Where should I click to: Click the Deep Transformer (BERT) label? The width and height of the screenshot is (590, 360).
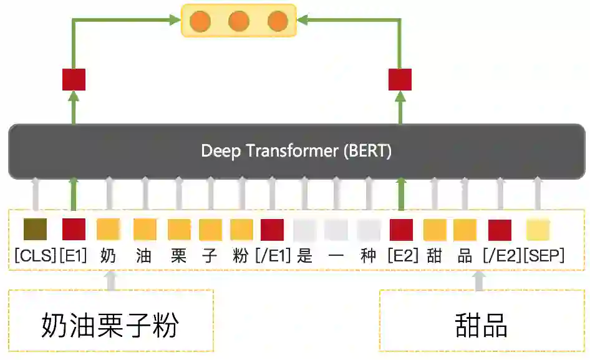296,151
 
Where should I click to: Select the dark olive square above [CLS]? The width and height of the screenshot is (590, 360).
36,230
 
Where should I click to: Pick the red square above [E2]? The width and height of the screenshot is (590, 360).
401,230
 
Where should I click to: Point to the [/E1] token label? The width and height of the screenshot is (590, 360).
273,256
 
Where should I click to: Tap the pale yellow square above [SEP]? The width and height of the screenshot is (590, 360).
538,230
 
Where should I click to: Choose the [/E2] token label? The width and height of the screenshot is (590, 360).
501,256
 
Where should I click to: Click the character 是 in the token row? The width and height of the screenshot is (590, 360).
305,256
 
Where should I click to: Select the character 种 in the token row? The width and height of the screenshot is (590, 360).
369,256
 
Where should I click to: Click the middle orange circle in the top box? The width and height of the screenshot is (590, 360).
239,22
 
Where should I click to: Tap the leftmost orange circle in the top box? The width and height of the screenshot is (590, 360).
200,22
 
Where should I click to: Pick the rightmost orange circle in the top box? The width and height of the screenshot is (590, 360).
278,22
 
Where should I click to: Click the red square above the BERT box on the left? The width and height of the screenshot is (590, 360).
74,79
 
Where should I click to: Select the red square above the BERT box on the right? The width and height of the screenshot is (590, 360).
400,79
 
